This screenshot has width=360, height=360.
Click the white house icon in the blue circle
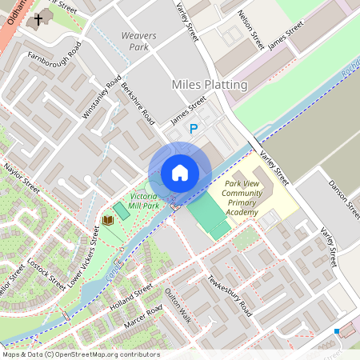click(180, 173)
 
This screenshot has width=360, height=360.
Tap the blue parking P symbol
click(193, 128)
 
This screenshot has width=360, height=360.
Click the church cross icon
click(38, 18)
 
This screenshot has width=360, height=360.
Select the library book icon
click(107, 219)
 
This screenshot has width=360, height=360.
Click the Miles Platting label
click(210, 84)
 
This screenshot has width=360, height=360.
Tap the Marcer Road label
click(145, 314)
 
